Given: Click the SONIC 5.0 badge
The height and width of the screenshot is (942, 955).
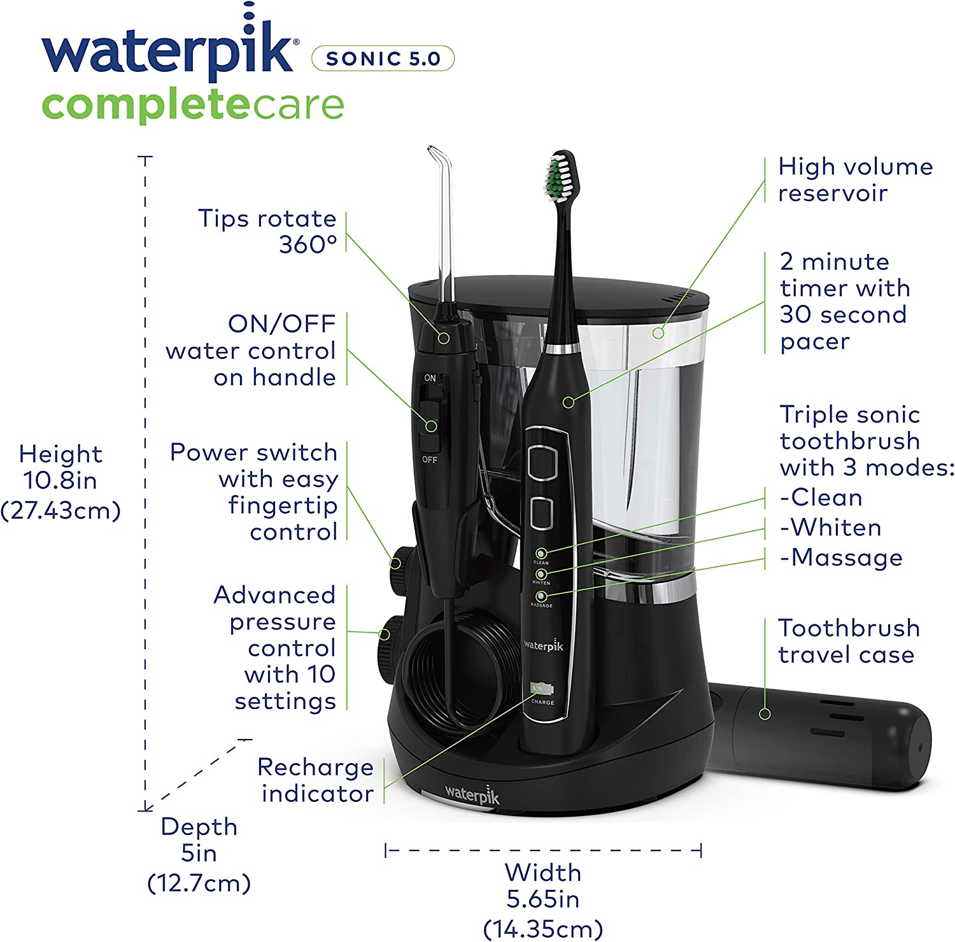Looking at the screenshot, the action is [x=383, y=59].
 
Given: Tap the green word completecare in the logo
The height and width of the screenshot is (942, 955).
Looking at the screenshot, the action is [x=193, y=106].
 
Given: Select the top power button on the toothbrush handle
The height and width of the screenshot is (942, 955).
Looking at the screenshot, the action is [x=542, y=459].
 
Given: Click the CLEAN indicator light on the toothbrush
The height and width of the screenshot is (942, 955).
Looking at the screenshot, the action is [x=541, y=554].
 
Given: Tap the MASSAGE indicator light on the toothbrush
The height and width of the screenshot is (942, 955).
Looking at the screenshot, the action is [x=541, y=596].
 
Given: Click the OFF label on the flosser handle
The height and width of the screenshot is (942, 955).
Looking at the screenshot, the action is [x=430, y=460].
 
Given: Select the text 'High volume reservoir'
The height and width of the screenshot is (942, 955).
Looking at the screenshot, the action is [x=855, y=179].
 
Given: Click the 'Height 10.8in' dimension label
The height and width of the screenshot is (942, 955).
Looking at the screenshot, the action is [x=60, y=482].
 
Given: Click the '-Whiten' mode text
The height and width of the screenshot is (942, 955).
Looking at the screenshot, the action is [x=831, y=528].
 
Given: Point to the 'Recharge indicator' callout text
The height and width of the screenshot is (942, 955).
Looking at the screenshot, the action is [x=316, y=780].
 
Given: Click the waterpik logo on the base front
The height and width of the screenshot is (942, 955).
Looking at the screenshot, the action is [x=472, y=794].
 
